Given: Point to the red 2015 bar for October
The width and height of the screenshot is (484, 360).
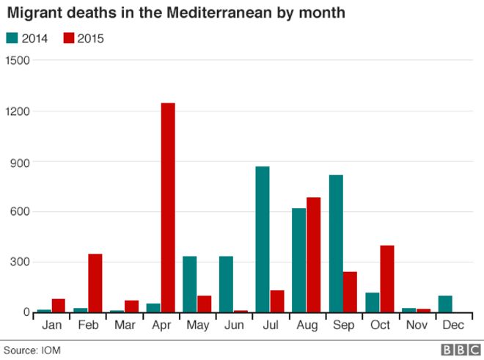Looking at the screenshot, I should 387,279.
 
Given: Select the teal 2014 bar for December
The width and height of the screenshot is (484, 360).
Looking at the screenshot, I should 445,304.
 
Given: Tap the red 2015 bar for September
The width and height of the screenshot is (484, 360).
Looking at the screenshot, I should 351,292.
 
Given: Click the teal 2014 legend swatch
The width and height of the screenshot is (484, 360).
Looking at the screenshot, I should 12,38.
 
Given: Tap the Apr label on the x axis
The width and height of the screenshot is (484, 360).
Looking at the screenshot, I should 161,325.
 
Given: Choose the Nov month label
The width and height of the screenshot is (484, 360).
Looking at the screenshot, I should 416,325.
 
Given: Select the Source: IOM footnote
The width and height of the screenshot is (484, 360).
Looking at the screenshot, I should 32,350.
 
